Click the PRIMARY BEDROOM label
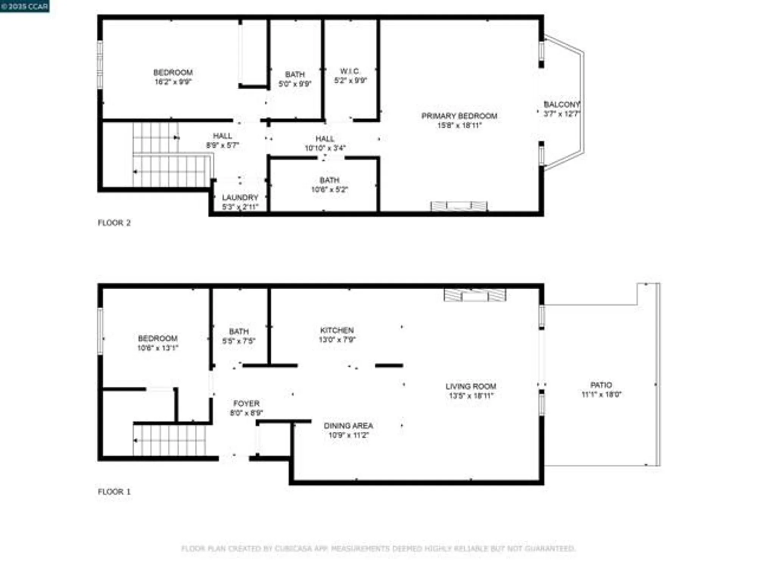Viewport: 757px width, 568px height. click(459, 116)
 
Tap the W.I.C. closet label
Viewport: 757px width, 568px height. click(350, 71)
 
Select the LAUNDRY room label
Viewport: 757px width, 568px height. click(240, 197)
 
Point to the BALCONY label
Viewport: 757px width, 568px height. click(561, 104)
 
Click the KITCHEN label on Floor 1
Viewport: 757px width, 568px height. click(337, 330)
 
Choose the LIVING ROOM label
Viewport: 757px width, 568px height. click(470, 386)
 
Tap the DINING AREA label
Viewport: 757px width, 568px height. click(348, 426)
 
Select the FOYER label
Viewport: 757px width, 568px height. click(246, 403)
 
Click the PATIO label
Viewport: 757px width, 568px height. click(601, 385)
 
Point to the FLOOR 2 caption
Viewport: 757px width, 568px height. click(114, 223)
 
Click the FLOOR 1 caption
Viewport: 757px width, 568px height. click(114, 492)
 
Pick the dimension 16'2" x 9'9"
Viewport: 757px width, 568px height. click(173, 82)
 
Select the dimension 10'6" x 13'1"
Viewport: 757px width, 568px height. click(157, 348)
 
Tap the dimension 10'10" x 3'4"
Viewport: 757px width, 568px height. click(325, 148)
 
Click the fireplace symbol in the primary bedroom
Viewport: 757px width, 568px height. click(459, 206)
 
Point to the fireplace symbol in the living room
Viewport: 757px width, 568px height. click(475, 295)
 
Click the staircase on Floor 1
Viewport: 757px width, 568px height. click(170, 440)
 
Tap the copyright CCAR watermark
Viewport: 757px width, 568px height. click(25, 6)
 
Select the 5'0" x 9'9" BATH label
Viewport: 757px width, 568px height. click(295, 75)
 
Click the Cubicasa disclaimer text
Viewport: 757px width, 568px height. click(378, 548)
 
